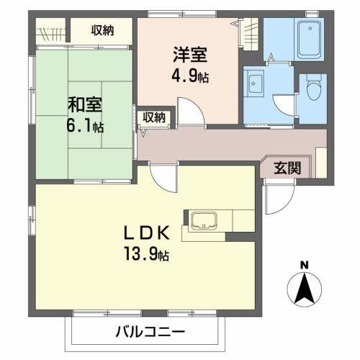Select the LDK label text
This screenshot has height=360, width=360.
click(x=148, y=233)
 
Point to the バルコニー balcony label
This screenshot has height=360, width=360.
click(x=150, y=332)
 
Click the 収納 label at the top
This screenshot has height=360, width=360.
click(x=102, y=30)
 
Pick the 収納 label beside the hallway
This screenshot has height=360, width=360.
click(x=153, y=117)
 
